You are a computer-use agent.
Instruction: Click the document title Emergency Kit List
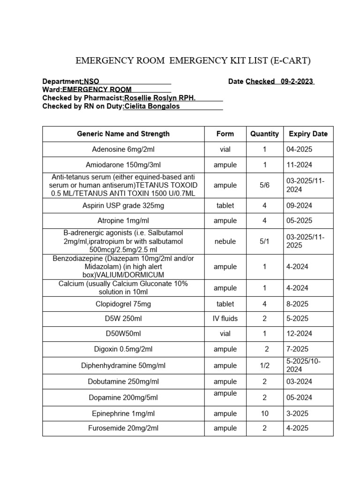[193, 60]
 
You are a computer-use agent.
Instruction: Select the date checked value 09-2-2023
[297, 81]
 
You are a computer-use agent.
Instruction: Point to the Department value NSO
[91, 81]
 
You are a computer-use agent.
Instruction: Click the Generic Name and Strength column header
[123, 134]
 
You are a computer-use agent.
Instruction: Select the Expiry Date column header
[308, 134]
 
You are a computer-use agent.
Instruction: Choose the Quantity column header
[264, 134]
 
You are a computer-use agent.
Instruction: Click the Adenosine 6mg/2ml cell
[123, 149]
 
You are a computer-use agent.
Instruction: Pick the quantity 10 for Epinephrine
[264, 413]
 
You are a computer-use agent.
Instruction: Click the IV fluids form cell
[225, 318]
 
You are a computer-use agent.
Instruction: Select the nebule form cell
[225, 241]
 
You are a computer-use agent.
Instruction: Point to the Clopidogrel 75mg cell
[123, 304]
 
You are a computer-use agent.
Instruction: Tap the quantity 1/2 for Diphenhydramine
[264, 365]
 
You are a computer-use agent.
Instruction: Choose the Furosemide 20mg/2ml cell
[123, 428]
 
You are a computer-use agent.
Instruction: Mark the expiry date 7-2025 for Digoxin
[297, 349]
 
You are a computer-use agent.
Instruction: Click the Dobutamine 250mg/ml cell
[123, 382]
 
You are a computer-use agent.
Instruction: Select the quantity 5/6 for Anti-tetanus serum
[264, 185]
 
